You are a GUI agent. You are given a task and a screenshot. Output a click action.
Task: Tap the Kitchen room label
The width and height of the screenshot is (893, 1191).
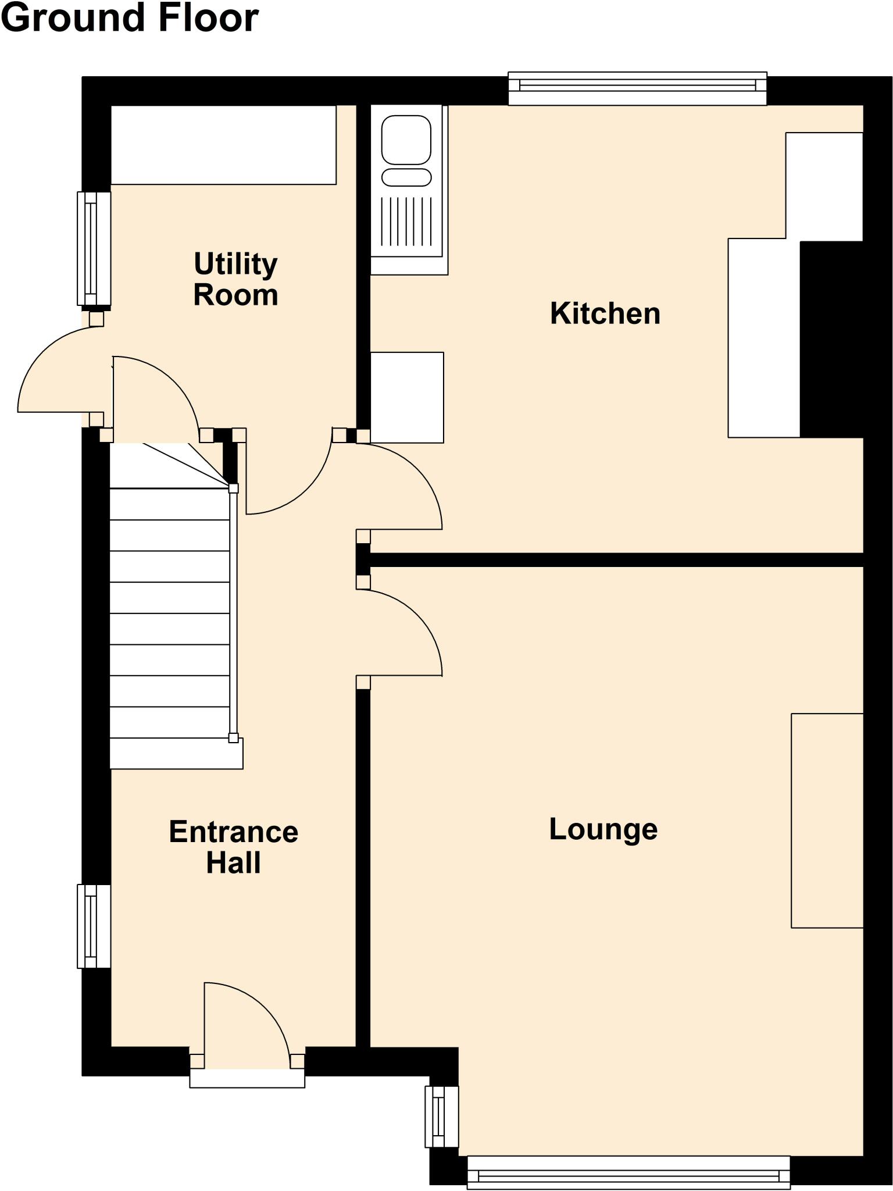tap(605, 313)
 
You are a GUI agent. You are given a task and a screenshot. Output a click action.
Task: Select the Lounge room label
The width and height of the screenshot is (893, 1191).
tap(603, 830)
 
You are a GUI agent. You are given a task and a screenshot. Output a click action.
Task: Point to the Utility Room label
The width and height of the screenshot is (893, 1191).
tap(235, 279)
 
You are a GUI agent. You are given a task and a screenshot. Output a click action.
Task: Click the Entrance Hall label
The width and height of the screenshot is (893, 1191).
tap(234, 847)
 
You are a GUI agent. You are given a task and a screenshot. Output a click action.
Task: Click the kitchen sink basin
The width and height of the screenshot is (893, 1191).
tap(406, 140)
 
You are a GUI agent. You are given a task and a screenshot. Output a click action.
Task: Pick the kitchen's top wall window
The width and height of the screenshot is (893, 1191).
tap(638, 88)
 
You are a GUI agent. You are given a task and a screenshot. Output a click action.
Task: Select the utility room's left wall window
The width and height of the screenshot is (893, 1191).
tap(94, 249)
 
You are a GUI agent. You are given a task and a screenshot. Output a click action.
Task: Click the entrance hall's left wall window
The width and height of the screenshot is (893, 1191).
tap(94, 926)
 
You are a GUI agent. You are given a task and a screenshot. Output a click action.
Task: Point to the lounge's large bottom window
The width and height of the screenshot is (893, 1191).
tap(628, 1172)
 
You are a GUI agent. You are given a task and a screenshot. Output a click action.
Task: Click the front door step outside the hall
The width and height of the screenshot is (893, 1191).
tap(247, 1078)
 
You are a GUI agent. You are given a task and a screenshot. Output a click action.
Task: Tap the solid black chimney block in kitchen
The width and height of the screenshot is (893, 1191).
tap(831, 338)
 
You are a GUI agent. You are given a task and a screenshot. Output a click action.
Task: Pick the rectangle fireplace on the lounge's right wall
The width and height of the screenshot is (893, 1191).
tap(827, 820)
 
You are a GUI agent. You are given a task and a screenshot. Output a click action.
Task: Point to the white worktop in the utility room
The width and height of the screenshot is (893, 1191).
tap(223, 145)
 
